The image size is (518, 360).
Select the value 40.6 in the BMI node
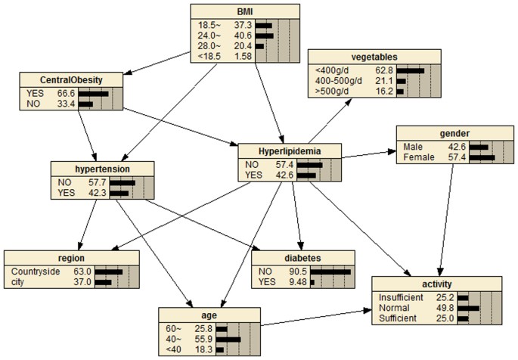pyautogui.click(x=243, y=35)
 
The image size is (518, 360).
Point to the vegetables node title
pyautogui.click(x=374, y=57)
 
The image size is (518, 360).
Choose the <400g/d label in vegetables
pyautogui.click(x=330, y=70)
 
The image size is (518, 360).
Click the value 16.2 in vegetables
pyautogui.click(x=385, y=92)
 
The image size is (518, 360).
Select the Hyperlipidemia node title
pyautogui.click(x=290, y=150)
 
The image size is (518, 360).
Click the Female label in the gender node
pyautogui.click(x=423, y=157)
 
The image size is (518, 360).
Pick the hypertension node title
pyautogui.click(x=104, y=169)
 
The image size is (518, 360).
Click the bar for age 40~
pyautogui.click(x=228, y=340)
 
